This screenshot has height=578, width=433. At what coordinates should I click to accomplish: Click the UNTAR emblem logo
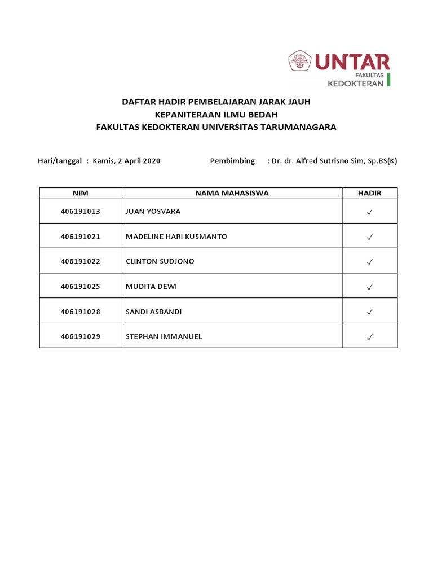point(301,61)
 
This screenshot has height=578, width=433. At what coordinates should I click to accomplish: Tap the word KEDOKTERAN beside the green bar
point(356,83)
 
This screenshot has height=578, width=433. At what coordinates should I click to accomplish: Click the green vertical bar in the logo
point(388,79)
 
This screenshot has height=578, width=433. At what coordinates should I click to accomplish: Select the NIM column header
point(81,193)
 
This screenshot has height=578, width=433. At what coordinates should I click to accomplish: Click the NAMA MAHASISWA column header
point(232,193)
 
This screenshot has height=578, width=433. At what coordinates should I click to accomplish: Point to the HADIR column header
point(370,193)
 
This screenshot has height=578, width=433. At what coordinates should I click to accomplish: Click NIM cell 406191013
point(81,212)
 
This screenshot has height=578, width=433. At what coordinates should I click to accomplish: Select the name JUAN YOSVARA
point(153,212)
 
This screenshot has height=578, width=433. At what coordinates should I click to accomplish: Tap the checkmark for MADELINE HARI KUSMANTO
point(370,237)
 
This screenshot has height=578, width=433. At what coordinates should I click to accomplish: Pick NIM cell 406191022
point(81,262)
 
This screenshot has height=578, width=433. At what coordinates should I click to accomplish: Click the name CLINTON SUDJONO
point(160,262)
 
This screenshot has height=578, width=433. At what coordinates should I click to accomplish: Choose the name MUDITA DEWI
point(151,287)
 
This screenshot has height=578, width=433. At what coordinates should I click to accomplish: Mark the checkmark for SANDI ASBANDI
point(370,312)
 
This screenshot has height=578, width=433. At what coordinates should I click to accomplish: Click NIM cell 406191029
point(81,337)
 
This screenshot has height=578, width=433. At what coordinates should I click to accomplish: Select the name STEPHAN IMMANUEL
point(164,337)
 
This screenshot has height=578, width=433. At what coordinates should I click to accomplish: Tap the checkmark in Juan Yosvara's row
point(370,212)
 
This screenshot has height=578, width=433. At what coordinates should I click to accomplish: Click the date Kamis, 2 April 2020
point(130,161)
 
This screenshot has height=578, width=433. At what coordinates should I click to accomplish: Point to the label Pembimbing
point(232,161)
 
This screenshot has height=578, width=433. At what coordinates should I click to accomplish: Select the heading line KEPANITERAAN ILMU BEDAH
point(216,115)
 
